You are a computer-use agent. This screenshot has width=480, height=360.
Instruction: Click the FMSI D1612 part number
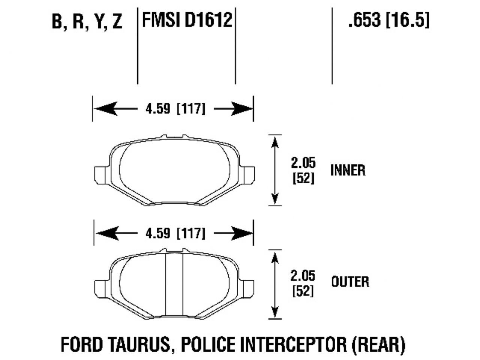coord(187,19)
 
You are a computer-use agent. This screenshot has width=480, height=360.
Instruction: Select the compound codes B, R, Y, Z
coord(87,22)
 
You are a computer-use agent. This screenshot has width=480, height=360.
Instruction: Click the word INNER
coord(348,171)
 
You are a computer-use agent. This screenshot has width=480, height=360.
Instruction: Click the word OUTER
coord(350,281)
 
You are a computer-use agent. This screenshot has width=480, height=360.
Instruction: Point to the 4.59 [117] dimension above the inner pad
coord(175,109)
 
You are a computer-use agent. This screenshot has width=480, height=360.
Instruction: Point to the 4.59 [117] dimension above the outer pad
coord(175,234)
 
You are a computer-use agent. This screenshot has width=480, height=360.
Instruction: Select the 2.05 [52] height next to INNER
coord(303,170)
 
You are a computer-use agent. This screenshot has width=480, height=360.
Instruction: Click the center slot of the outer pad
coord(174,285)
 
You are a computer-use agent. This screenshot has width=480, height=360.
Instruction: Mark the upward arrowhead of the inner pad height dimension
coord(275,142)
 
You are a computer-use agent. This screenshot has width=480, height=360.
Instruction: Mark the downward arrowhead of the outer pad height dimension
coord(275,312)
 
